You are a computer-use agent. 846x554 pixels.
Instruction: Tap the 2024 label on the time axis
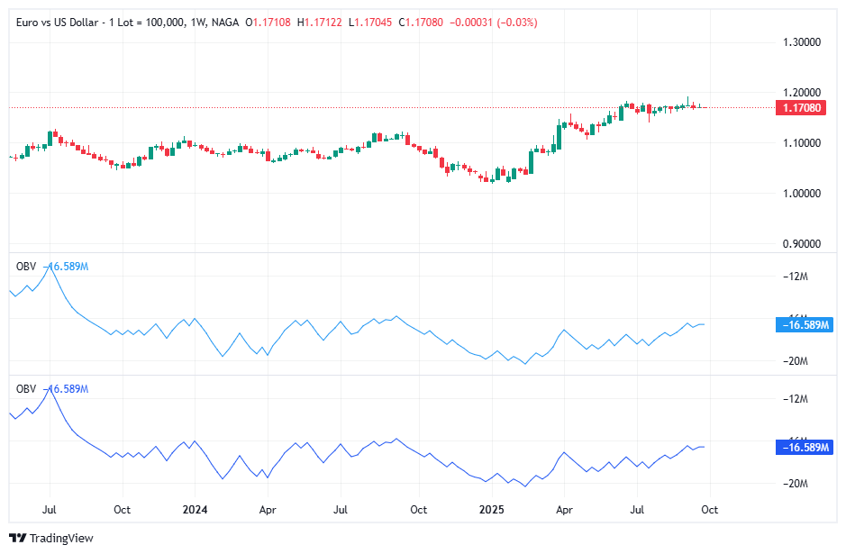pos(196,510)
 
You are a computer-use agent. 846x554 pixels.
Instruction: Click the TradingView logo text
pos(61,539)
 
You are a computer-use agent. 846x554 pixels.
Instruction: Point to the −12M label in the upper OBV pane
pos(796,277)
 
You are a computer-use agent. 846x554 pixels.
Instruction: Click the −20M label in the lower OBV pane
pos(796,484)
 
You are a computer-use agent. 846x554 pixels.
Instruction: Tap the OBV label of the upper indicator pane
pos(26,266)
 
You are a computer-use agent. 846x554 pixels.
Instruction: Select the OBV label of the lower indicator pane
pos(26,388)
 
